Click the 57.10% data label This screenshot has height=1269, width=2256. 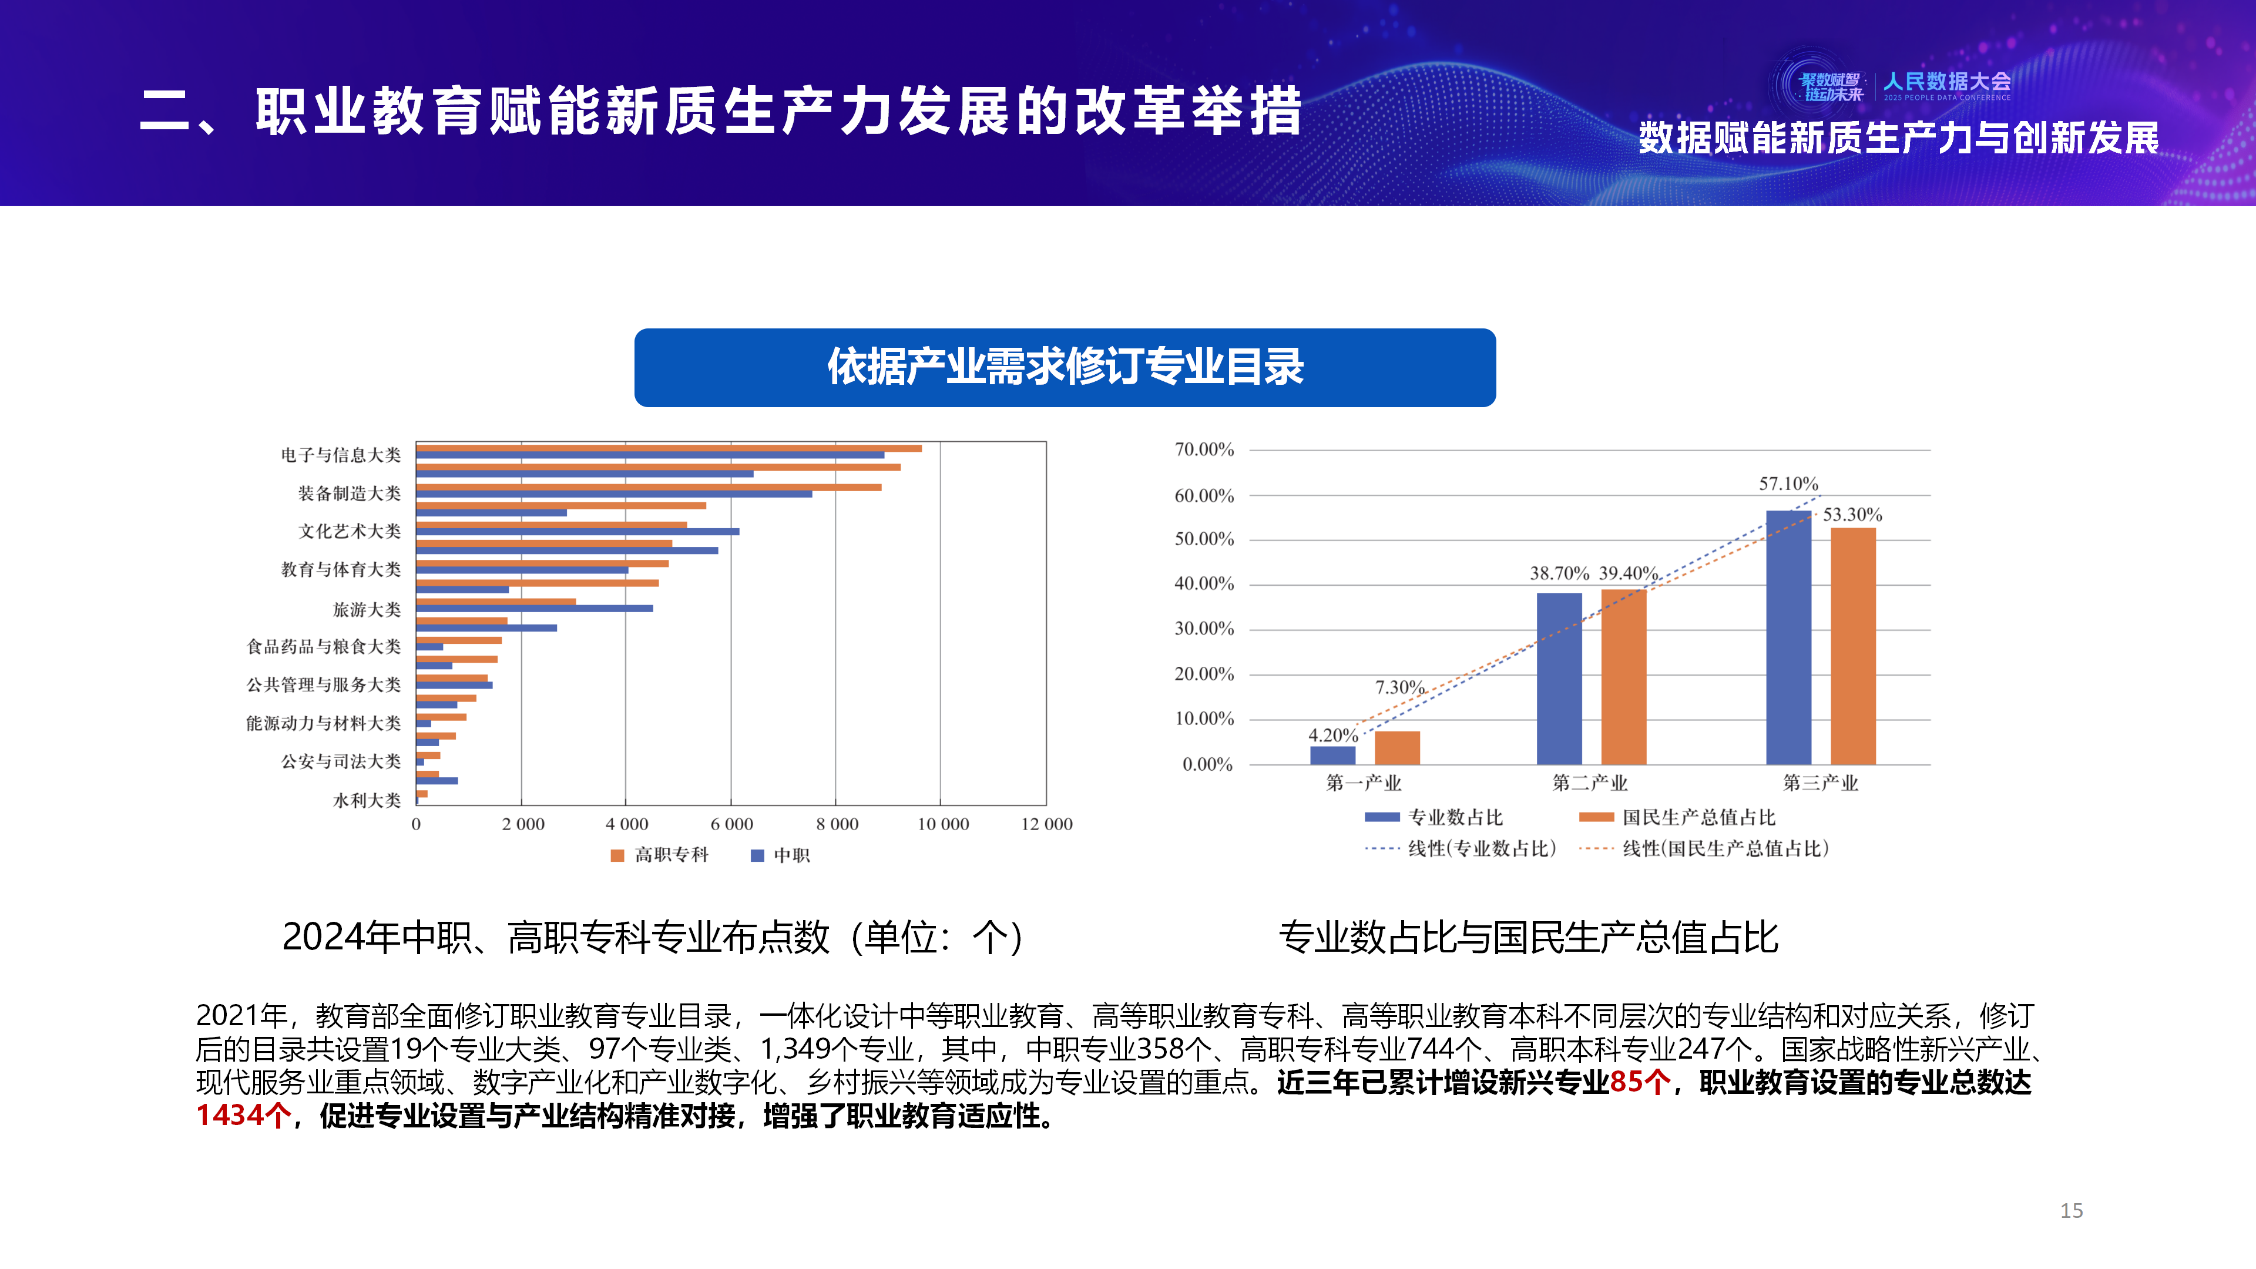1788,484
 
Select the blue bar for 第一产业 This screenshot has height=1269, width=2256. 1332,755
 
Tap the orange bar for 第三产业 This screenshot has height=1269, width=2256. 1853,646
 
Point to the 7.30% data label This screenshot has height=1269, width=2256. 1399,687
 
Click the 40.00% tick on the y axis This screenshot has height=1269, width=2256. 1204,583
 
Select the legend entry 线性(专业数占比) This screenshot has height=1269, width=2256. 1461,848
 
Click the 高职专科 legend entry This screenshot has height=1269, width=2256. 660,855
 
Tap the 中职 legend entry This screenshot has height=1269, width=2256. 781,855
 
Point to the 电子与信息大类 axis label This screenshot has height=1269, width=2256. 341,455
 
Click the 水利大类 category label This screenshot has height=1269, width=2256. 367,800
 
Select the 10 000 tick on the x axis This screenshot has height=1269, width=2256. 943,824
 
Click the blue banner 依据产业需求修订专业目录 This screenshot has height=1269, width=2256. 1065,367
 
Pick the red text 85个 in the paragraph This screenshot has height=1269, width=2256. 1640,1082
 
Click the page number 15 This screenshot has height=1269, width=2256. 2071,1210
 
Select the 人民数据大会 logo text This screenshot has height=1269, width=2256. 1947,82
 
